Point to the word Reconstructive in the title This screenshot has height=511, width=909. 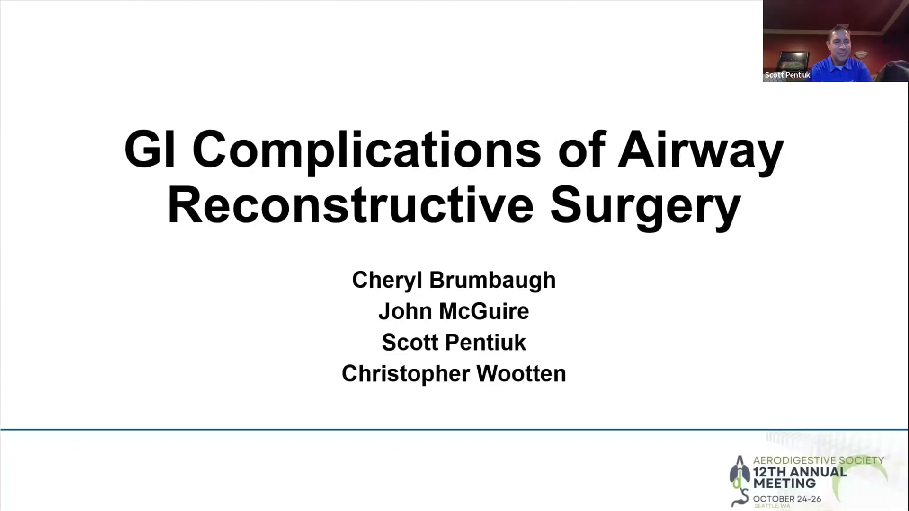pyautogui.click(x=351, y=205)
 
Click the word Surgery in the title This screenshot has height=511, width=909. pyautogui.click(x=646, y=208)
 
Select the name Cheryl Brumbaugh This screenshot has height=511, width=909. pyautogui.click(x=454, y=281)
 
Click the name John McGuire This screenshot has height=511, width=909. pyautogui.click(x=454, y=311)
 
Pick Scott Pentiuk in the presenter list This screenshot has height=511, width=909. pyautogui.click(x=454, y=343)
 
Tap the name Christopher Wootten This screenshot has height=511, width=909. pyautogui.click(x=454, y=374)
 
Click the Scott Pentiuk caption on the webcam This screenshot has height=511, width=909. pyautogui.click(x=787, y=75)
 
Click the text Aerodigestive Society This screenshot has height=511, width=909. pyautogui.click(x=819, y=460)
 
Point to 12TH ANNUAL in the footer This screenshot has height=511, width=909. pyautogui.click(x=800, y=472)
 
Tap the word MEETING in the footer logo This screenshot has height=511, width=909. pyautogui.click(x=784, y=484)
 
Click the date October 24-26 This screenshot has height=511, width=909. pyautogui.click(x=787, y=499)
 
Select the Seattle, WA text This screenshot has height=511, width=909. pyautogui.click(x=772, y=506)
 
